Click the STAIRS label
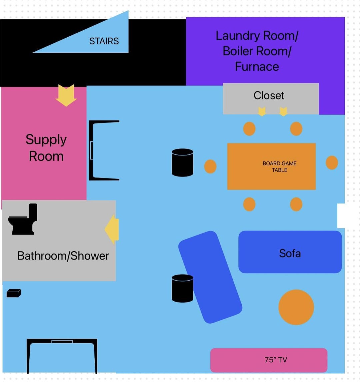pos(104,41)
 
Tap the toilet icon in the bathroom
pos(23,219)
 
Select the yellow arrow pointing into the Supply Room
pos(66,95)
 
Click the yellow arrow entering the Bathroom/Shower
pos(112,229)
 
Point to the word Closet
pos(269,95)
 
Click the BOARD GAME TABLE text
pos(279,166)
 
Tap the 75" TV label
pos(276,360)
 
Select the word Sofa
pos(290,253)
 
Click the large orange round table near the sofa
pos(296,307)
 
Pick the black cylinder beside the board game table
pos(183,162)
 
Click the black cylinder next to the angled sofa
pos(183,289)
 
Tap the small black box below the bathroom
pos(14,293)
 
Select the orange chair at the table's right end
pos(332,163)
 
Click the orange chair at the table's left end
pos(210,166)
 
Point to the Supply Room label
pos(46,148)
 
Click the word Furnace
pos(257,66)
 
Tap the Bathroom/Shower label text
pos(63,256)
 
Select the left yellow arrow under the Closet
pos(262,111)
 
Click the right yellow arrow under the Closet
pos(283,111)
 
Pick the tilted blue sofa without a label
pos(210,277)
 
